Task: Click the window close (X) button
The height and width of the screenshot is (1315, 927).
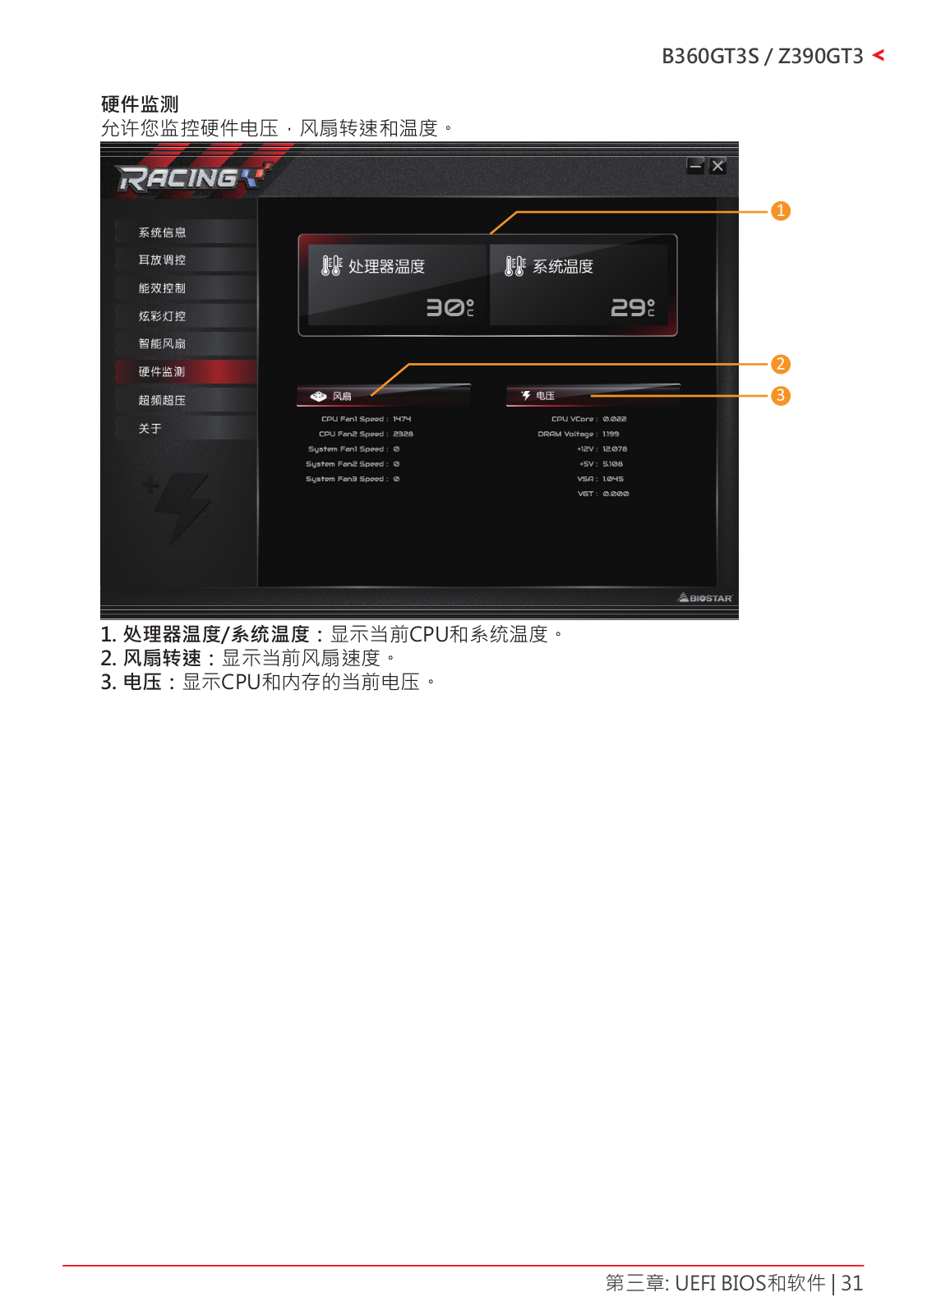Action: (x=717, y=166)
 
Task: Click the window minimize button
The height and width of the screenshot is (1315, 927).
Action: (x=696, y=166)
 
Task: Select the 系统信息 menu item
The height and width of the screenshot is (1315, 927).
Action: (x=162, y=232)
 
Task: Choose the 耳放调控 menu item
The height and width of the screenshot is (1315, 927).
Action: (x=162, y=260)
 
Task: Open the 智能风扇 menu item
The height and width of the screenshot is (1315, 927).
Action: (x=162, y=344)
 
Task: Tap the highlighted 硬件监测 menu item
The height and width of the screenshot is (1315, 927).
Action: (x=162, y=372)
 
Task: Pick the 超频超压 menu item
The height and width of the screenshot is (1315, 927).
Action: (x=162, y=401)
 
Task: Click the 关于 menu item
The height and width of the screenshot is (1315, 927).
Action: (x=150, y=429)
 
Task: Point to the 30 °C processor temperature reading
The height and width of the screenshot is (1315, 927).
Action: (x=449, y=307)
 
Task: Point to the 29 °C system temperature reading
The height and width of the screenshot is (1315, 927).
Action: (x=632, y=307)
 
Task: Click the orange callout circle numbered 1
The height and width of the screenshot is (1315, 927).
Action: (x=781, y=211)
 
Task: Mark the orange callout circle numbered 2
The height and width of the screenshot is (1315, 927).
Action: (x=781, y=364)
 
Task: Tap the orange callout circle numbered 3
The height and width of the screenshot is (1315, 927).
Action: (x=781, y=396)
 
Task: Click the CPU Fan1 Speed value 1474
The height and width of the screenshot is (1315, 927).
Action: (x=402, y=419)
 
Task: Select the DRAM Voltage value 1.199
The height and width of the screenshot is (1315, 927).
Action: (x=611, y=434)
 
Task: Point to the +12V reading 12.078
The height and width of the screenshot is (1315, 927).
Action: (x=615, y=449)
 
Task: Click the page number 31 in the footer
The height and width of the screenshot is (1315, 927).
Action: (x=852, y=1283)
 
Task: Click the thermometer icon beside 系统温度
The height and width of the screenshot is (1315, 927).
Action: (x=514, y=266)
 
